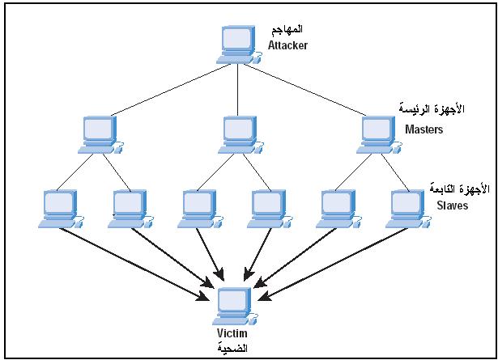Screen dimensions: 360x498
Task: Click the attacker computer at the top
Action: [x=237, y=45]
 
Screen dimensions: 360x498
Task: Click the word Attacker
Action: [x=287, y=46]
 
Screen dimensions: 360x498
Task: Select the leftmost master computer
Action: [x=100, y=134]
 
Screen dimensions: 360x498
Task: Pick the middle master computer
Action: [x=238, y=134]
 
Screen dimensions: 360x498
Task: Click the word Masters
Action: [x=424, y=129]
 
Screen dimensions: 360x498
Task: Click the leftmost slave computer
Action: [x=57, y=209]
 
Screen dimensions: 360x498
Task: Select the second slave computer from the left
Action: [x=128, y=209]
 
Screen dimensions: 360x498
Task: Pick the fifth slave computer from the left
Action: [x=334, y=209]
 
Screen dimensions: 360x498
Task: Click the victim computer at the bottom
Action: [x=235, y=303]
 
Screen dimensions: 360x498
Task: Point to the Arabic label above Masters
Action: [x=424, y=108]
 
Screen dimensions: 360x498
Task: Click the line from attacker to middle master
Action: [x=238, y=89]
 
